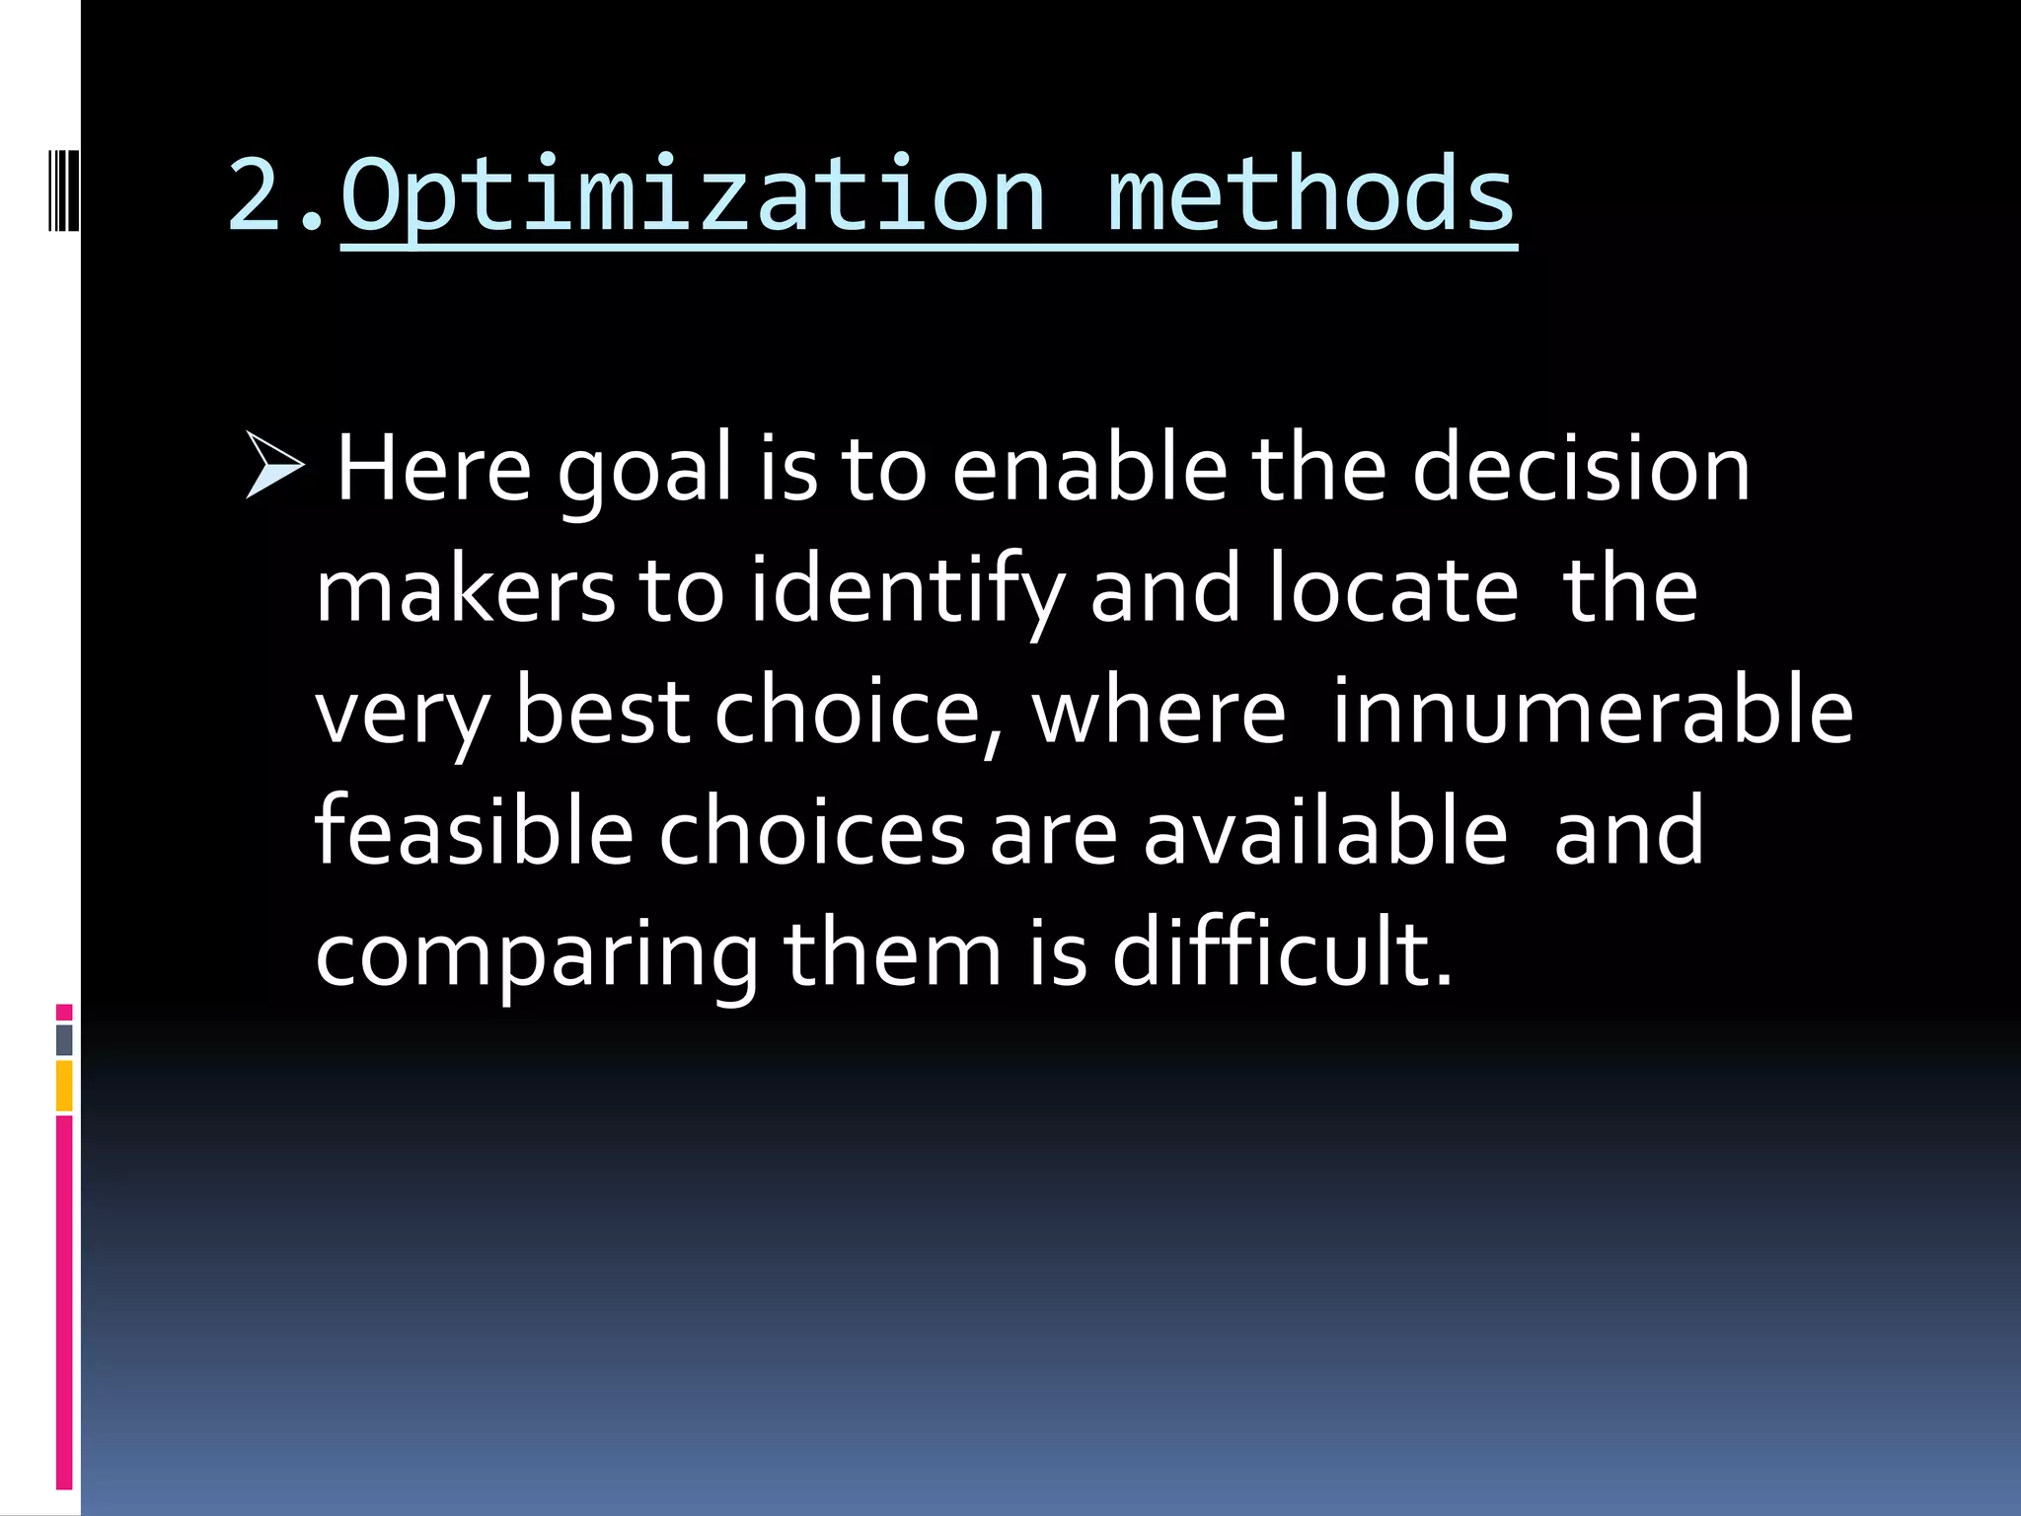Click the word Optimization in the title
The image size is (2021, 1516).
click(691, 197)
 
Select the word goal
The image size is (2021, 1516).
click(644, 472)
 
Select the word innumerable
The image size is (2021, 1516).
click(1592, 712)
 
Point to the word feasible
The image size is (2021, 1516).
click(473, 831)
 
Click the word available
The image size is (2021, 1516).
click(1324, 831)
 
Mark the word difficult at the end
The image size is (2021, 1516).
click(1282, 951)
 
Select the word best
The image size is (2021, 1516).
click(601, 712)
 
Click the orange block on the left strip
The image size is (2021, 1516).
click(64, 1086)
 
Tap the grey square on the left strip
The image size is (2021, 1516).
click(64, 1039)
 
